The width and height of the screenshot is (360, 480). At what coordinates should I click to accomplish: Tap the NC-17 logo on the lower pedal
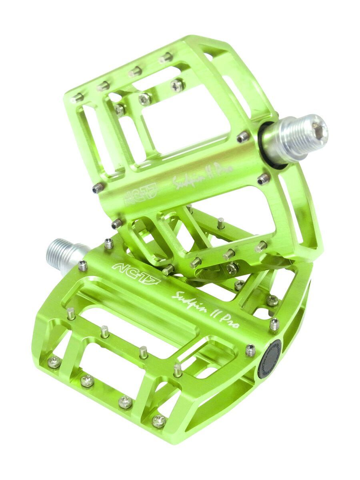(x=136, y=273)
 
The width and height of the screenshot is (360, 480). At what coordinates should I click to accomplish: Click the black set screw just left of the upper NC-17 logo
(x=97, y=188)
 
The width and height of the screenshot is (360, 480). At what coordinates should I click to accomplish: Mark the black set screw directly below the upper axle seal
(x=263, y=179)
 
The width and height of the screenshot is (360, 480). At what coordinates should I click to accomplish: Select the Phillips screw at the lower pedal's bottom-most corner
(x=159, y=420)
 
